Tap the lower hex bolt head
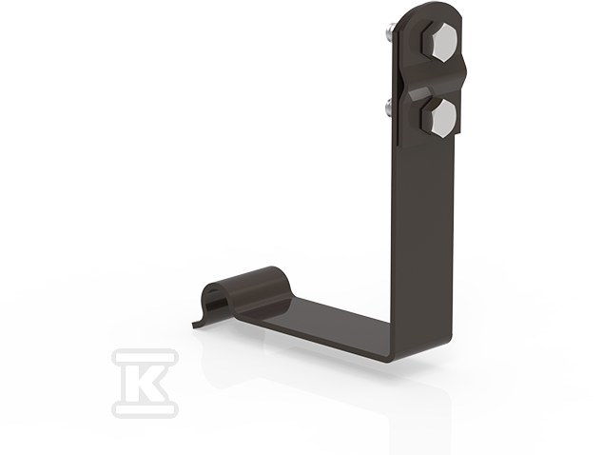click(438, 117)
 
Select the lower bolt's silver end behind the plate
click(389, 109)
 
